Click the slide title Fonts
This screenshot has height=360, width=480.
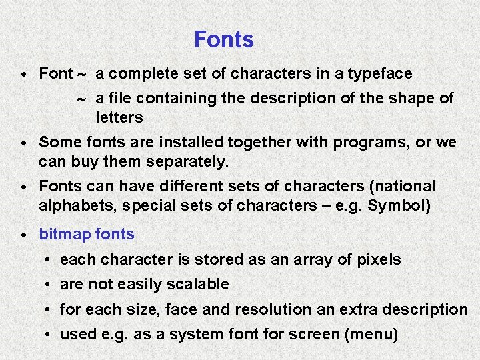(223, 40)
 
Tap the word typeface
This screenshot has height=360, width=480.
(379, 73)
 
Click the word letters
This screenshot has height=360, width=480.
(119, 117)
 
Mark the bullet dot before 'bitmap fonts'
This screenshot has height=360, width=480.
(24, 235)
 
